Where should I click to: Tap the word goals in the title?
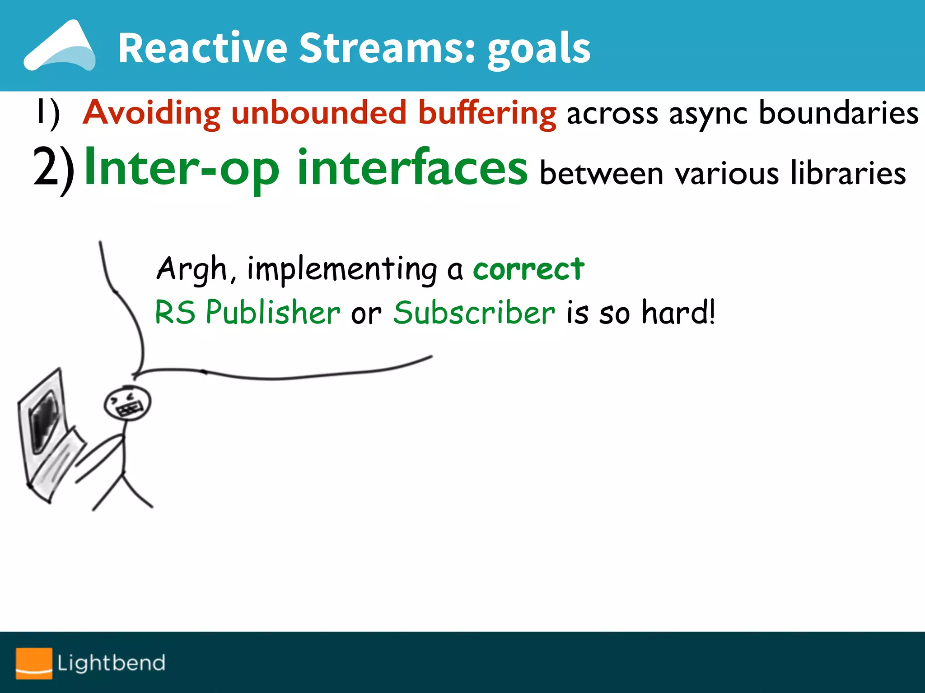tap(538, 50)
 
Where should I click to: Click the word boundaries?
tap(838, 113)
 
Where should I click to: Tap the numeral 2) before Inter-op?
tap(53, 169)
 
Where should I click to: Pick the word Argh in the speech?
tap(192, 269)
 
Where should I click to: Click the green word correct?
tap(528, 269)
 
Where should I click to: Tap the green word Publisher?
tap(273, 312)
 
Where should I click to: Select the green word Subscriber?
tap(474, 312)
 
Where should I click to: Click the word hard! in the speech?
tap(678, 312)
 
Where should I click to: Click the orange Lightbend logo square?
tap(34, 663)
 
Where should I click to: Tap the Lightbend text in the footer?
tap(111, 663)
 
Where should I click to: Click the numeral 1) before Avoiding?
tap(48, 114)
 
